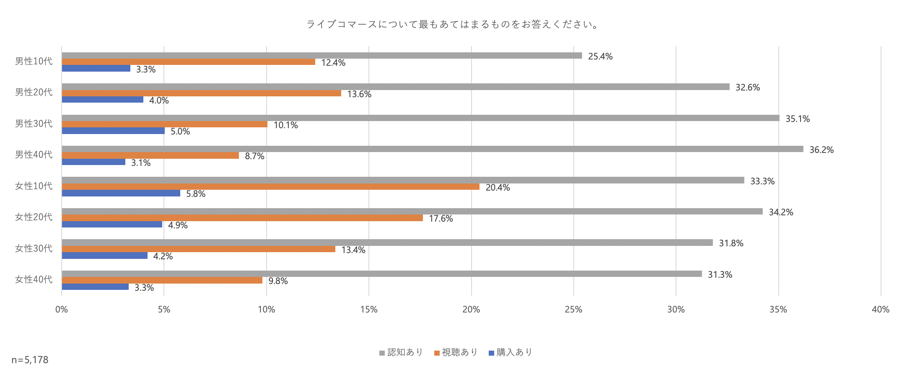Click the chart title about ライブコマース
453,24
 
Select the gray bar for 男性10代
321,56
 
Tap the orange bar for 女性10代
270,187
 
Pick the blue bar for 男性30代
113,131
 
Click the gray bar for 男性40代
432,149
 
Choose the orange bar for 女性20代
242,218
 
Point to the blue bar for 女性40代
95,287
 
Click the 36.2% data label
821,150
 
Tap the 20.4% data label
498,188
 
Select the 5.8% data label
196,194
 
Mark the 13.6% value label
359,94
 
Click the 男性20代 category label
34,92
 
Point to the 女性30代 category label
34,248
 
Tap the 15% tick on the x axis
369,310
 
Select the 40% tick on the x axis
880,310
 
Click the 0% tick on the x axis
62,310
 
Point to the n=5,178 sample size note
30,360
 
